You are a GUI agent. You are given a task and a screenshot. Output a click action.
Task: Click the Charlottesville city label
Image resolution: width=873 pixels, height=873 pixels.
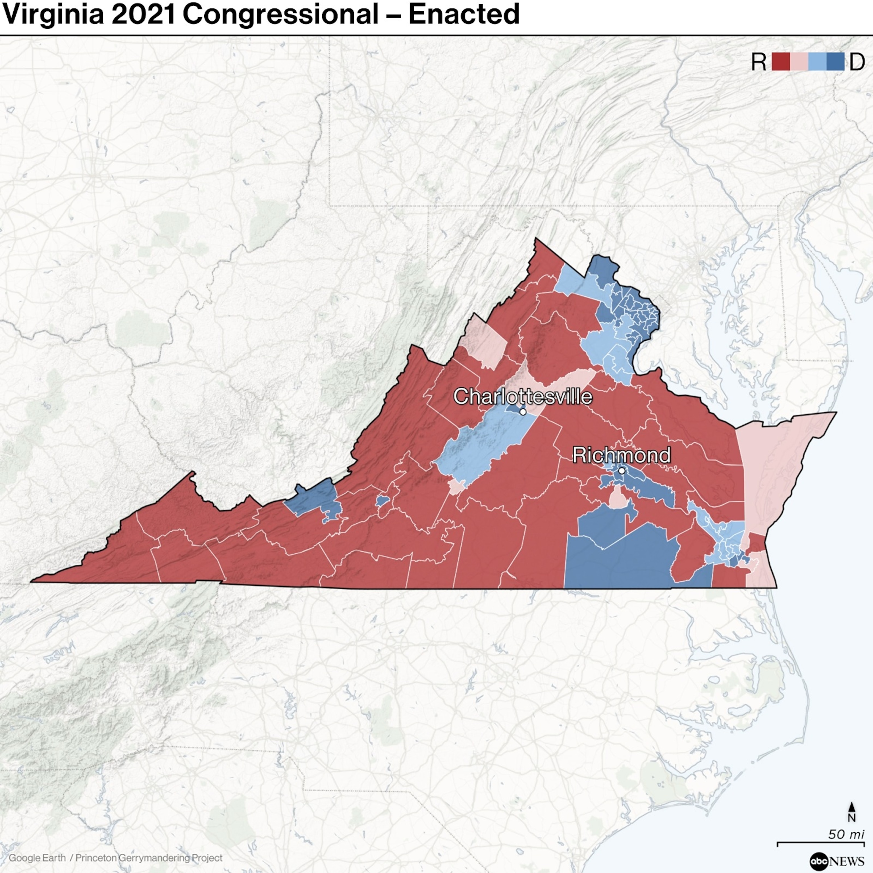(523, 396)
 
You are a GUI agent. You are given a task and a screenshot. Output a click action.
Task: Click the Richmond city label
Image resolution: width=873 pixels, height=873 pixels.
(621, 455)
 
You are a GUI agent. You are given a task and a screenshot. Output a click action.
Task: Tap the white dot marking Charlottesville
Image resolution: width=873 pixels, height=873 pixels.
(523, 412)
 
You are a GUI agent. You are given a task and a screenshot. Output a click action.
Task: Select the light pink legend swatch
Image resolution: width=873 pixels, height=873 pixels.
(799, 62)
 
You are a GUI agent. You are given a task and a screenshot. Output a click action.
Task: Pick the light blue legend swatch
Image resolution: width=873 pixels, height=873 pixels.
(817, 62)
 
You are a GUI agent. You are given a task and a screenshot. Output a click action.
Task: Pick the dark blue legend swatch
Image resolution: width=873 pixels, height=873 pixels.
(835, 62)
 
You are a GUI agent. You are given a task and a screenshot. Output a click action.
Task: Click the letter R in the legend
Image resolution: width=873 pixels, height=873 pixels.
(759, 62)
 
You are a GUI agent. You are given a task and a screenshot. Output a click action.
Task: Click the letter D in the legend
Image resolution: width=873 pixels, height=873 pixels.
(857, 62)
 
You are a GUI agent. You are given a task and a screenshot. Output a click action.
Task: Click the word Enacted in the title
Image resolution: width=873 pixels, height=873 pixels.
(464, 14)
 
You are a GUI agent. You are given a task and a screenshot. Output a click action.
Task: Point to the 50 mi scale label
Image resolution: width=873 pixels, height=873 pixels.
(845, 834)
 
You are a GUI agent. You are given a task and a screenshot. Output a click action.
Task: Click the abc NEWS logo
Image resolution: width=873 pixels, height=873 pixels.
(836, 861)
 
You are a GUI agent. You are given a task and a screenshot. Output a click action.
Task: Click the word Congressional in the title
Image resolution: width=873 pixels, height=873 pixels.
(280, 14)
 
